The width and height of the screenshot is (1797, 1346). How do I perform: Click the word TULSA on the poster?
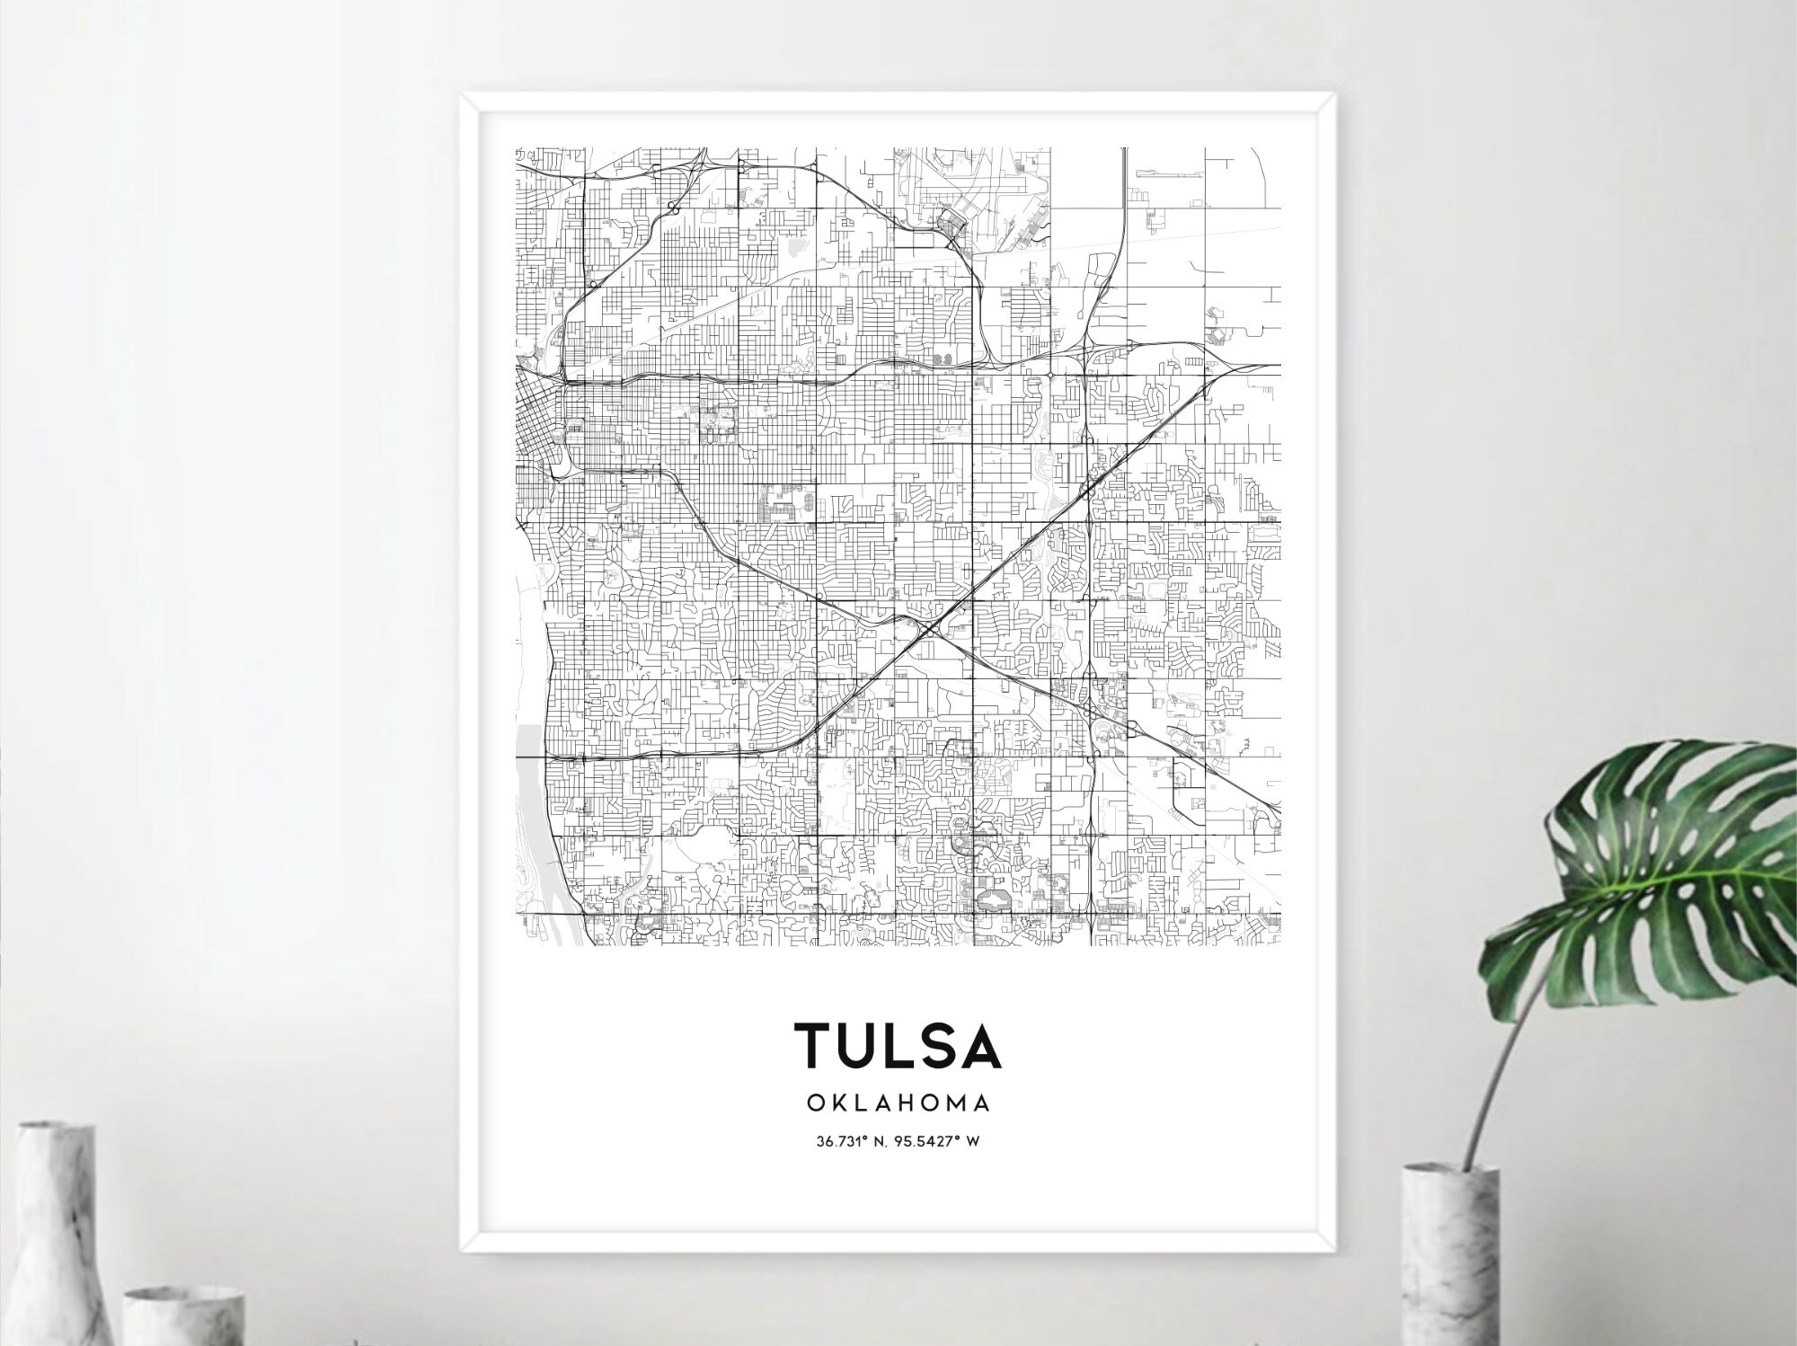[x=898, y=1045]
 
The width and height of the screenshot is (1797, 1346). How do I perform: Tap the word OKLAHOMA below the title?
[x=898, y=1102]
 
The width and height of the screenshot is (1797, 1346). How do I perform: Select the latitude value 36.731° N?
[x=853, y=1142]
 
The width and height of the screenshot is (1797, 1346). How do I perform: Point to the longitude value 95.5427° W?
[x=938, y=1142]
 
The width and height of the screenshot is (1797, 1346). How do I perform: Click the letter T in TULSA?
[x=817, y=1045]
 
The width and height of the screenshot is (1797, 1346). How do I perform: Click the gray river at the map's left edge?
[x=530, y=791]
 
